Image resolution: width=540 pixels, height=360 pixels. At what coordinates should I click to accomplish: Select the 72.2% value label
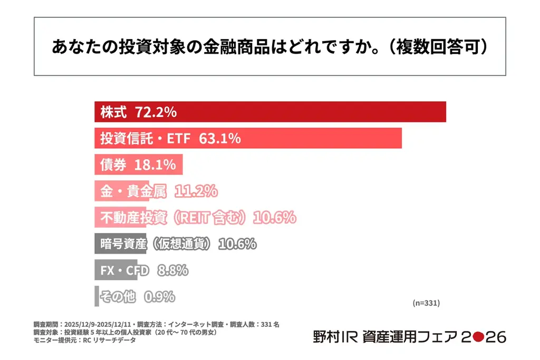coord(156,112)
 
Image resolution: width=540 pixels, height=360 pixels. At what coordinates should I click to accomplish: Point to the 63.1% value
coord(220,138)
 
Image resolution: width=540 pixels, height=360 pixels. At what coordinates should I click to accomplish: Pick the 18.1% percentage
coord(155,164)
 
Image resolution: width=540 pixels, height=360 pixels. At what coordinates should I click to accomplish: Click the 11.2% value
coord(196,191)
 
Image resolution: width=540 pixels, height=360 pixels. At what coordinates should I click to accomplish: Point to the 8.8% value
coord(172,270)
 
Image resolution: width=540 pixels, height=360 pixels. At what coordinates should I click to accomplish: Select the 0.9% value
coord(159,297)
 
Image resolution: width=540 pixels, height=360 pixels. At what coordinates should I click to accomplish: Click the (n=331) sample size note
coord(426,303)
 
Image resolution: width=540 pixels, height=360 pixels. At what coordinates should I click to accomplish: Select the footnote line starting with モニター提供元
coord(84,340)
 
